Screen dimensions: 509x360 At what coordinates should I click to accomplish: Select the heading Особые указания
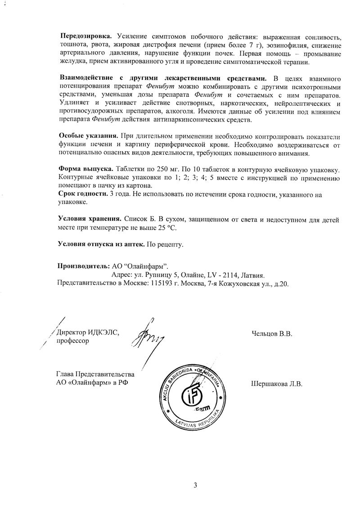pyautogui.click(x=89, y=136)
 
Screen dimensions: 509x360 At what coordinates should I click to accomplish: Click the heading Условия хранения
pyautogui.click(x=89, y=219)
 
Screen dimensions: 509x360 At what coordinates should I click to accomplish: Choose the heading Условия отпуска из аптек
pyautogui.click(x=101, y=244)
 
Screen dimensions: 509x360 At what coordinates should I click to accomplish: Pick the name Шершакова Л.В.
pyautogui.click(x=275, y=384)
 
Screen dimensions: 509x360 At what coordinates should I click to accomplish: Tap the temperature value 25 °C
pyautogui.click(x=166, y=228)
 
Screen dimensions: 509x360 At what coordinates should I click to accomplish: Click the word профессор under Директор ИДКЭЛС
pyautogui.click(x=72, y=341)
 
